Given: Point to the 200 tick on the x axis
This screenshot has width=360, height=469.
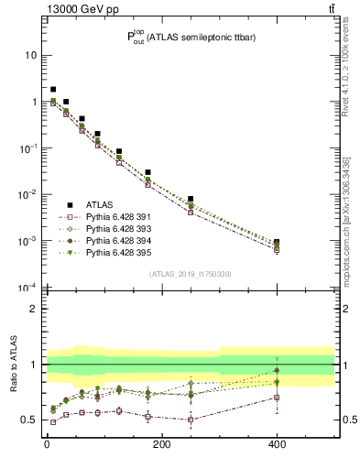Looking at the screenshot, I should click(161, 446).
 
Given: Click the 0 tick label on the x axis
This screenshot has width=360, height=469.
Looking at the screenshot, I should click(47, 446).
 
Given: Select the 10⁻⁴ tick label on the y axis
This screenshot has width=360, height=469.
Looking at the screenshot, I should click(27, 288).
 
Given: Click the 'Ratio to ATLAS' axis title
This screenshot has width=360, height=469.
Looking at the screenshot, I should click(13, 364).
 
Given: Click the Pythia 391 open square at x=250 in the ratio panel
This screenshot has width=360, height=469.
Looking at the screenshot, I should click(191, 420).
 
